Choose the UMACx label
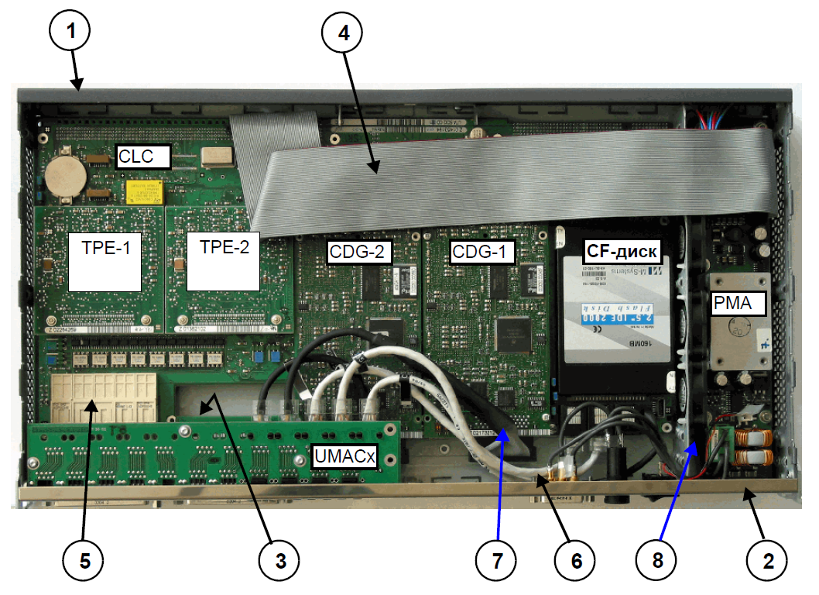click(x=344, y=456)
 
